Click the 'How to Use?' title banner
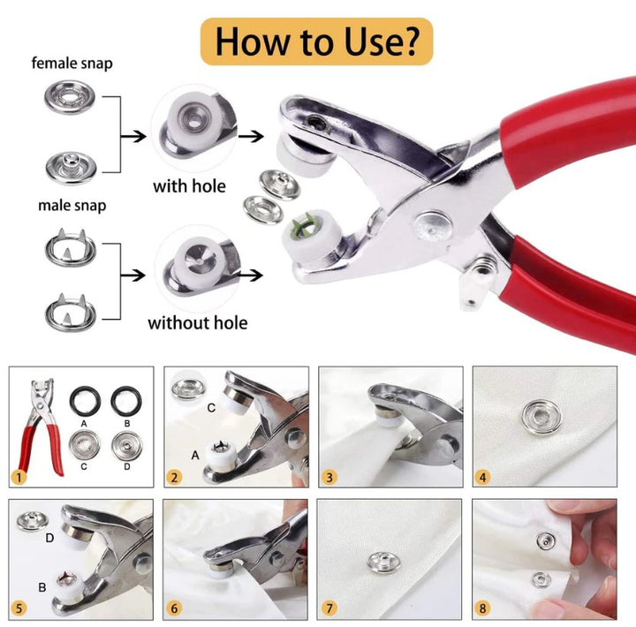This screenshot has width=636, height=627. pyautogui.click(x=317, y=42)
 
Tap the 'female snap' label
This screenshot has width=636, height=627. pyautogui.click(x=72, y=64)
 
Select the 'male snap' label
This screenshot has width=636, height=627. pyautogui.click(x=72, y=205)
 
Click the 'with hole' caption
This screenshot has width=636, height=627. pyautogui.click(x=189, y=186)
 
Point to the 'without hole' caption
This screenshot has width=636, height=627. pyautogui.click(x=198, y=323)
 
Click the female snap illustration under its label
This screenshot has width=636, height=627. pyautogui.click(x=70, y=97)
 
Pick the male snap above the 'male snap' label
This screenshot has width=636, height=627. pyautogui.click(x=71, y=167)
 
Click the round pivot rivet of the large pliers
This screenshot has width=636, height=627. pyautogui.click(x=432, y=226)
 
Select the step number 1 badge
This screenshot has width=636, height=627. pyautogui.click(x=19, y=477)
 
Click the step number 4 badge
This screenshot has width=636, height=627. pyautogui.click(x=482, y=477)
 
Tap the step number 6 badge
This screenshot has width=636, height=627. pyautogui.click(x=174, y=608)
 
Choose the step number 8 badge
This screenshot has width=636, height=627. pyautogui.click(x=482, y=608)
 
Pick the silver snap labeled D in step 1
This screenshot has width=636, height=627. pyautogui.click(x=126, y=446)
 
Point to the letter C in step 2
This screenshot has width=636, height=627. pyautogui.click(x=211, y=408)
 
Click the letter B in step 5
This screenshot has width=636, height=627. pyautogui.click(x=42, y=587)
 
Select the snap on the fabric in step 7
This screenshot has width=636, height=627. pyautogui.click(x=383, y=563)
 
